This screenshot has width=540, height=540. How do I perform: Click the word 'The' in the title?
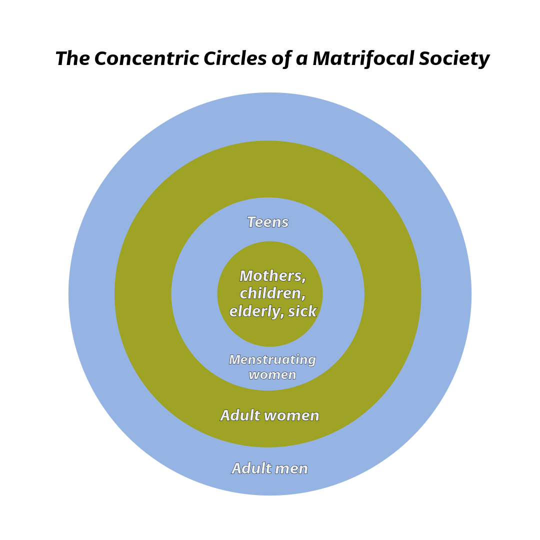point(72,59)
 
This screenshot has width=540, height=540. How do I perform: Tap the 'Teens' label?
point(268,222)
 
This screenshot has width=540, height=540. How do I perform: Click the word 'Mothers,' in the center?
point(272,276)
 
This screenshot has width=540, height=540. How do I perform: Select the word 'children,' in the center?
point(272,293)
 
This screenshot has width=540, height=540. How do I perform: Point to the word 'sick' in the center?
point(302,311)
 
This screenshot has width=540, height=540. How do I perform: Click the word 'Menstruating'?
point(272,360)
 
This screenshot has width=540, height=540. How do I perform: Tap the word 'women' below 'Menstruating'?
point(272,374)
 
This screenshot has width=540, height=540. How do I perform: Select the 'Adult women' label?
point(270,415)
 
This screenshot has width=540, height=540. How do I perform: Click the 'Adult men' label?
point(270,468)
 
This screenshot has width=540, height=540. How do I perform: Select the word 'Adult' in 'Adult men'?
point(250,468)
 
